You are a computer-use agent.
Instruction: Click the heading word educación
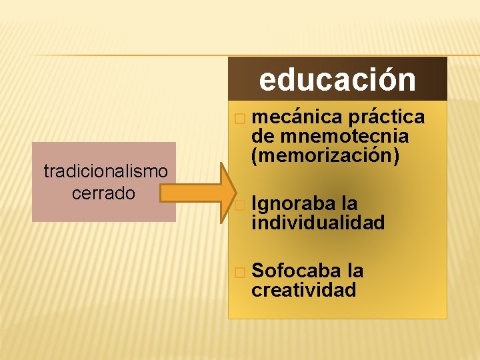(x=337, y=80)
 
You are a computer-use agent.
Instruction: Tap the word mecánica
(x=293, y=117)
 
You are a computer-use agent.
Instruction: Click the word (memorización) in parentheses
(x=325, y=155)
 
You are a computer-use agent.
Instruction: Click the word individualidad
(x=318, y=223)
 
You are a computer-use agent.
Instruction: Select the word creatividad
(x=303, y=290)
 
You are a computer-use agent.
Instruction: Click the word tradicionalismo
(x=105, y=171)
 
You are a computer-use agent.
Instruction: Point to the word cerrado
(x=105, y=193)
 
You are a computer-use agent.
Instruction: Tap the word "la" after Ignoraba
(x=349, y=203)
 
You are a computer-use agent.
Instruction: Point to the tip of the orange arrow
(x=234, y=193)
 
